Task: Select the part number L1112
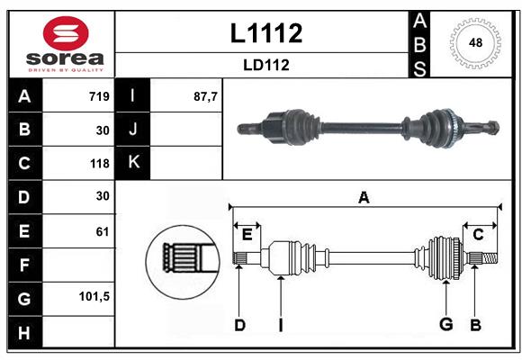[x=266, y=33]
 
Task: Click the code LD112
[x=265, y=65]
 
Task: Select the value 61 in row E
[x=102, y=231]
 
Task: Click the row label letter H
[x=24, y=331]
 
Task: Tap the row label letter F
[x=24, y=265]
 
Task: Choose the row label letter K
[x=133, y=163]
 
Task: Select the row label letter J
[x=133, y=130]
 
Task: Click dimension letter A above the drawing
[x=364, y=197]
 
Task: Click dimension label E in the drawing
[x=247, y=234]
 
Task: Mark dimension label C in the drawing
[x=478, y=234]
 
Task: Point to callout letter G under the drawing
[x=445, y=324]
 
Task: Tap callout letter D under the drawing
[x=239, y=324]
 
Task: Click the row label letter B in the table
[x=24, y=130]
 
